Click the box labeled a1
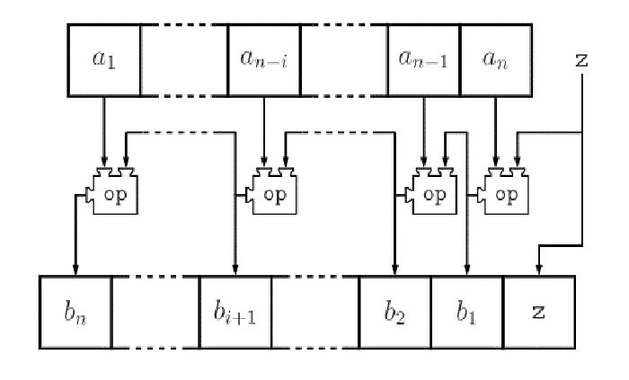(x=104, y=59)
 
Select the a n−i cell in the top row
(x=264, y=59)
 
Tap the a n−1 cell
(x=423, y=59)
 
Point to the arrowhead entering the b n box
(x=75, y=270)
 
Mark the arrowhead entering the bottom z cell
(x=537, y=270)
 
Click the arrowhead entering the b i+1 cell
(x=235, y=270)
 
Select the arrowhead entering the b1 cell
(x=466, y=270)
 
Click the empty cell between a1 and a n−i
(x=184, y=59)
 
